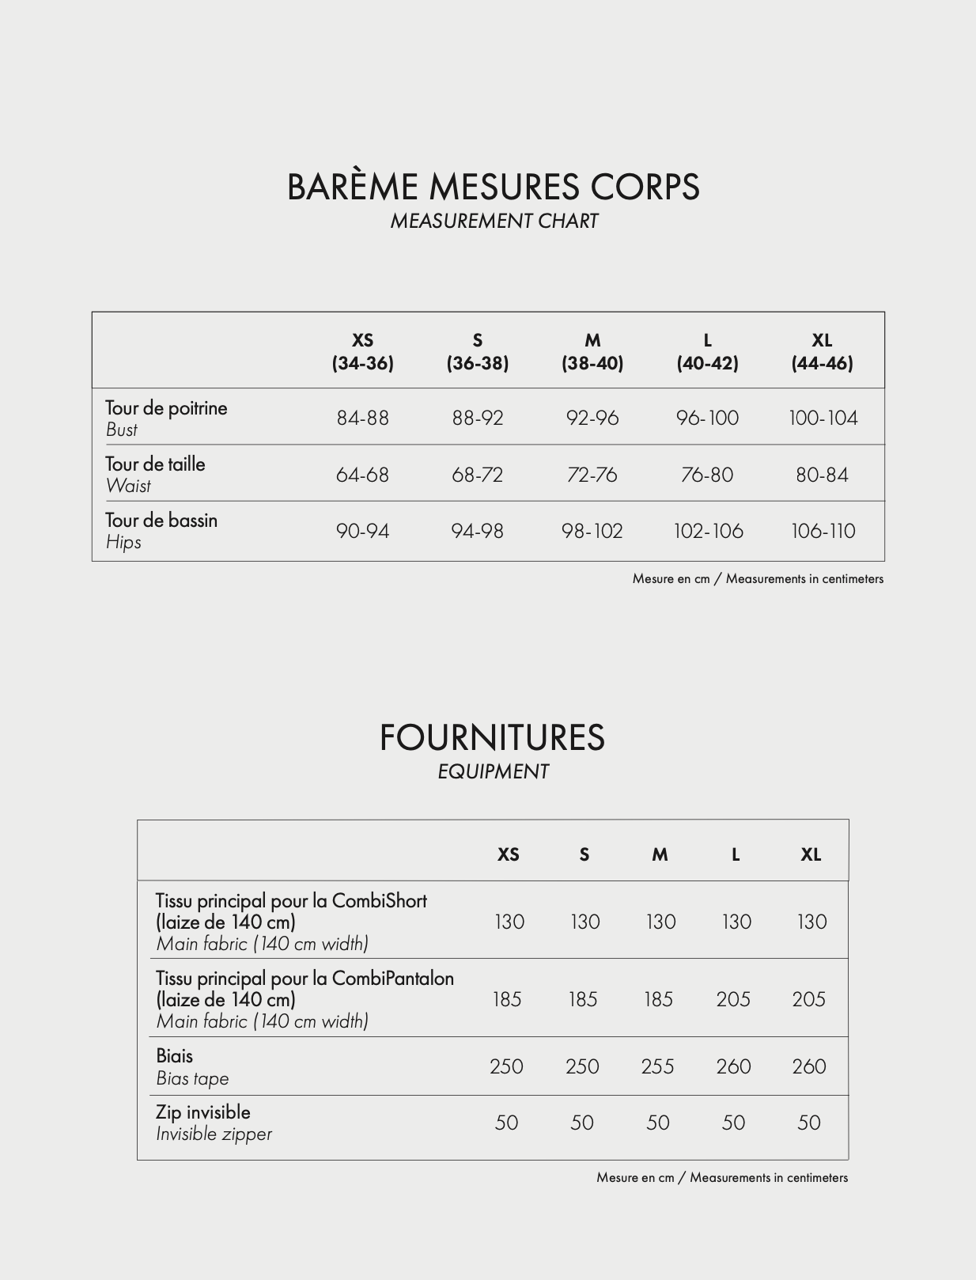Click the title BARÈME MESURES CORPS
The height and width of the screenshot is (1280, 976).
493,187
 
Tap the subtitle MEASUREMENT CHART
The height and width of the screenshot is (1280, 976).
494,222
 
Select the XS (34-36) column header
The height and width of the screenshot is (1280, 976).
362,351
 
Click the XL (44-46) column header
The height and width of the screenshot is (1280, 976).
822,351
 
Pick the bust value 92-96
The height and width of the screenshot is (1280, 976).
592,418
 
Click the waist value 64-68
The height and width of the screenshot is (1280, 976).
362,475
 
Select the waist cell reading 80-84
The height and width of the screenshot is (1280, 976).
822,475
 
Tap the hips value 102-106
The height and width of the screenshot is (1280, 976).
708,531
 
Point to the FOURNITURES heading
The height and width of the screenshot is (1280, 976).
492,737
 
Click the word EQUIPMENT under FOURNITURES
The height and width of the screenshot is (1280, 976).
493,772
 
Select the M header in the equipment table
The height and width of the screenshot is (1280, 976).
660,854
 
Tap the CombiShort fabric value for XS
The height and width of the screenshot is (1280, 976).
509,922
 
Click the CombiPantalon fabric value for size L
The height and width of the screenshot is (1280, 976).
733,999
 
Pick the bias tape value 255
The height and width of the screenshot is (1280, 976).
657,1066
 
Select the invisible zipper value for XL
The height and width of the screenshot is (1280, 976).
808,1123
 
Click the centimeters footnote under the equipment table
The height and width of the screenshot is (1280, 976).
721,1178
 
